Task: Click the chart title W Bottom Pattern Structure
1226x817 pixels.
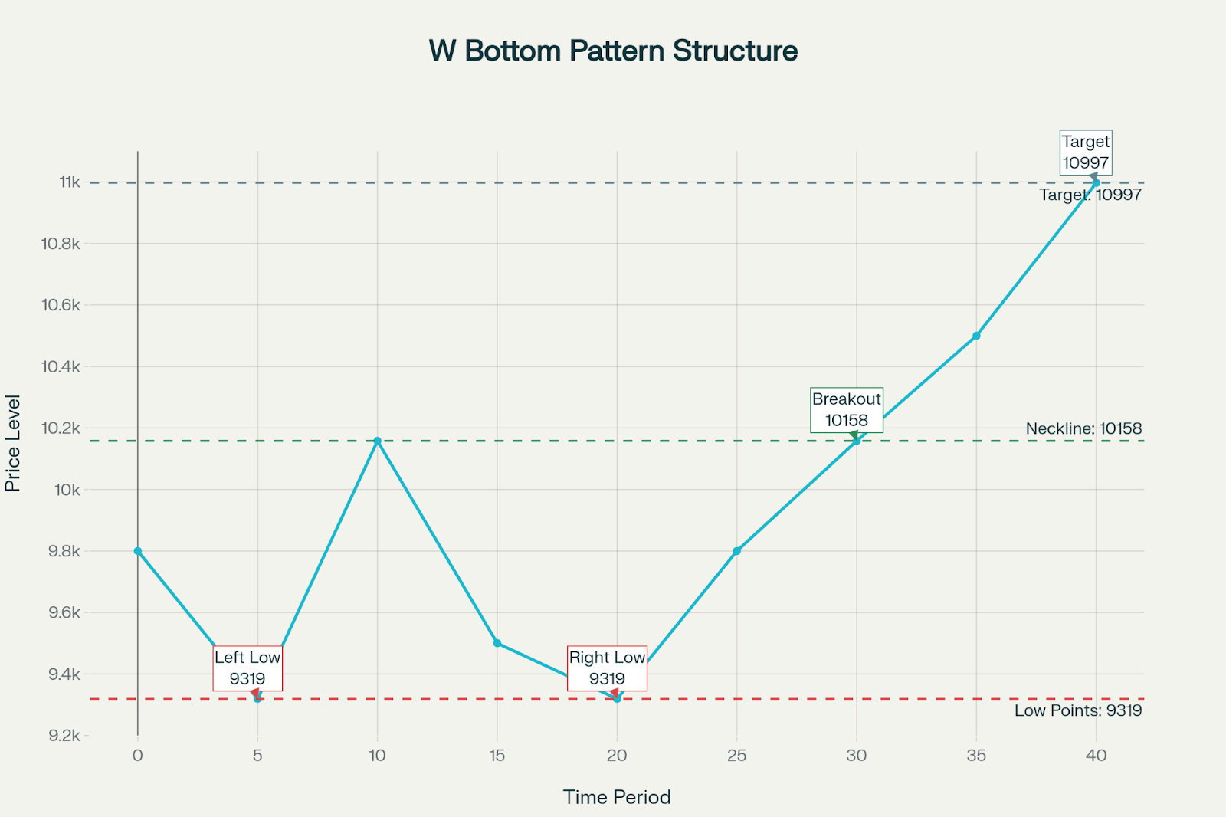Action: [x=613, y=51]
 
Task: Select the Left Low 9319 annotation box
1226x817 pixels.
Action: [x=247, y=668]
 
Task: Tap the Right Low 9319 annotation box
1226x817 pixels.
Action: [x=607, y=668]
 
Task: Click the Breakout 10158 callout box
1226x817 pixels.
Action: [x=847, y=410]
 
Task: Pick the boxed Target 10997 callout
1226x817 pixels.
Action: [x=1086, y=153]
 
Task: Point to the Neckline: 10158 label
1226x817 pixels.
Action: [x=1083, y=428]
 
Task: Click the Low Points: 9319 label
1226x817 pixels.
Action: [x=1078, y=710]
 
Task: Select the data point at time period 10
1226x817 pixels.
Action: [x=377, y=441]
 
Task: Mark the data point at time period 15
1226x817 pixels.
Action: [x=497, y=643]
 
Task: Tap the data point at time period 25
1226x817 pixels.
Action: [x=737, y=551]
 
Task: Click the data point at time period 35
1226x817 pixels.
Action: [x=976, y=336]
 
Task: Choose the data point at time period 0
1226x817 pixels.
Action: [x=138, y=551]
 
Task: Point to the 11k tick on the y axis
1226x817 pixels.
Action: [x=69, y=182]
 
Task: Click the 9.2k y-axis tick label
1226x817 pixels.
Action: [x=64, y=736]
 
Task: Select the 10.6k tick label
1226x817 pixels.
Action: [x=61, y=305]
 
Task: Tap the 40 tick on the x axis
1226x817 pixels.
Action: [x=1096, y=756]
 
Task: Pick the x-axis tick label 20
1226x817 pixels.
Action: [x=617, y=756]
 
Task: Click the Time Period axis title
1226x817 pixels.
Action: [x=617, y=797]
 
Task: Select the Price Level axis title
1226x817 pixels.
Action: [x=13, y=443]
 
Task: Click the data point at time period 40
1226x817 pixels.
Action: [x=1096, y=182]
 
